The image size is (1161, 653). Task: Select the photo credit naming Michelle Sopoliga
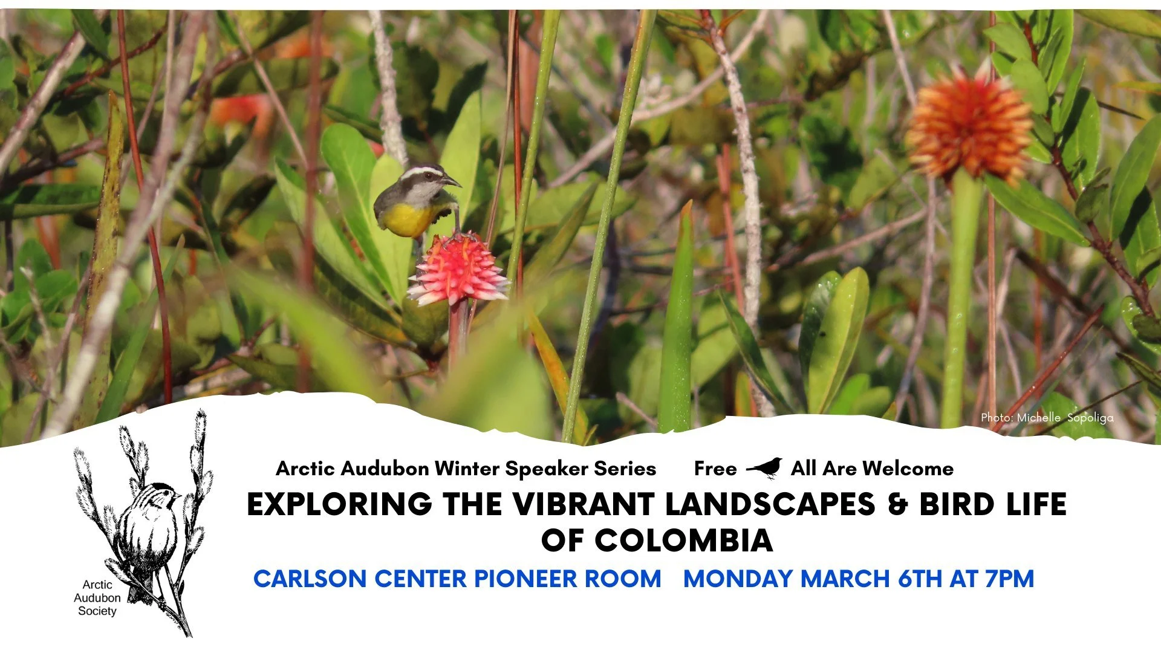point(1047,418)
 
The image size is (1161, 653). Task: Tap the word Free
point(715,469)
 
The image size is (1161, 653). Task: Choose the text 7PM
point(1009,579)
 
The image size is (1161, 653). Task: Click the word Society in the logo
point(97,611)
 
